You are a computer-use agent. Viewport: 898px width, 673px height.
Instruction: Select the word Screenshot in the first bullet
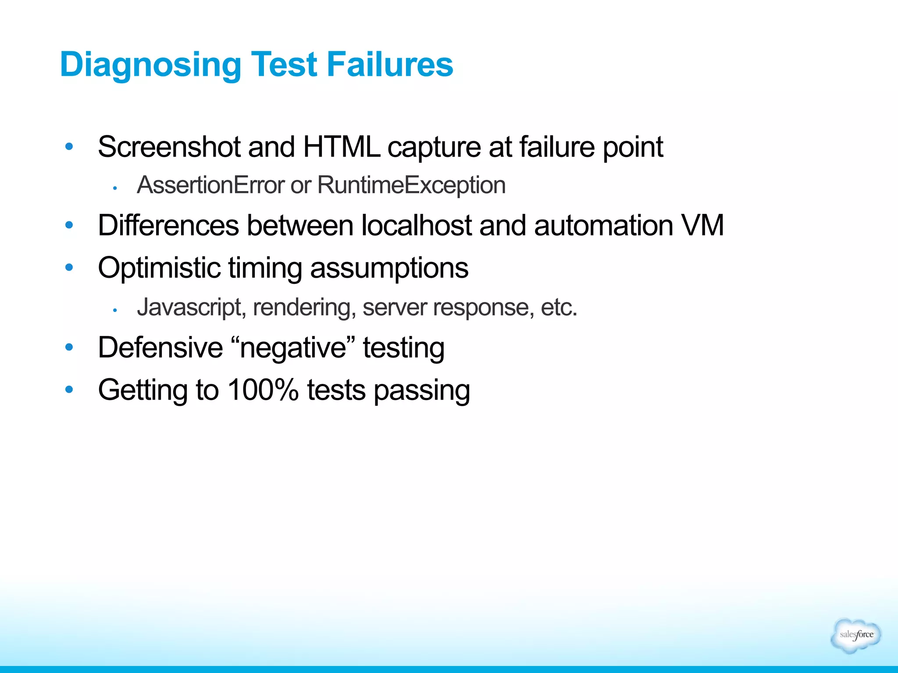click(169, 147)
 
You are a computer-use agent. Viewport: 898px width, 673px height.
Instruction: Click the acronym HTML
click(341, 147)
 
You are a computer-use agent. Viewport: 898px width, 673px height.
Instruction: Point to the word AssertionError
click(210, 185)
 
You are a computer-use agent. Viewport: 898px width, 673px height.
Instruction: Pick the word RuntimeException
click(411, 185)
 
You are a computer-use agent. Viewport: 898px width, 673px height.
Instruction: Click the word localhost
click(416, 226)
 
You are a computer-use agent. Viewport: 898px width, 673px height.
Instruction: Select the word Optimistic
click(159, 268)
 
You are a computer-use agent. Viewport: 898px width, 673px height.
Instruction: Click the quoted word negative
click(293, 348)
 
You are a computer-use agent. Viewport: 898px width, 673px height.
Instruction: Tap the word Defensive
click(160, 348)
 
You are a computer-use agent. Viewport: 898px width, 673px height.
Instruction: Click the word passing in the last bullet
click(421, 390)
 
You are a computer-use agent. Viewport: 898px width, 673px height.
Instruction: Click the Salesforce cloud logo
click(855, 635)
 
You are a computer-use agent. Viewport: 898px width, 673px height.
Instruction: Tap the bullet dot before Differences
click(69, 226)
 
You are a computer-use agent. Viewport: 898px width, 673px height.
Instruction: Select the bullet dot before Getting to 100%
click(69, 389)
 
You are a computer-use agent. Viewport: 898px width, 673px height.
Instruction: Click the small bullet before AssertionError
click(114, 188)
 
